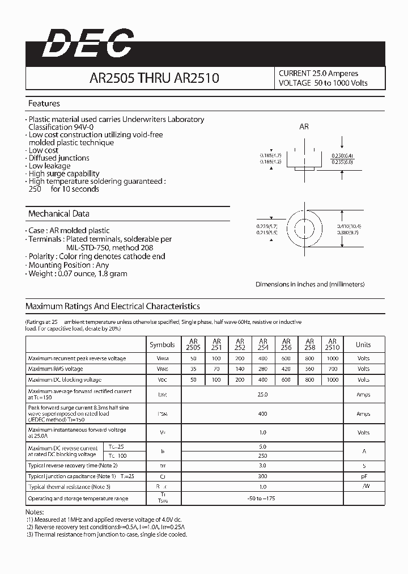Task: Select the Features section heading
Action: click(44, 104)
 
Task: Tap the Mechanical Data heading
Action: click(59, 214)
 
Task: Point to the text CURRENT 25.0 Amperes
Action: click(318, 73)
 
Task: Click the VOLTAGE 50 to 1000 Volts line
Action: click(323, 83)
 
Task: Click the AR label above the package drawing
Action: click(304, 127)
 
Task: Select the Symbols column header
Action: click(163, 344)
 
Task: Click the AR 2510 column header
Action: click(332, 344)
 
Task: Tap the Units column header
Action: click(363, 344)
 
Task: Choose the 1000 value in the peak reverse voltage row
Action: click(332, 358)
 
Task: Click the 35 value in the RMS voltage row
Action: click(193, 369)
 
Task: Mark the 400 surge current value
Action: click(262, 414)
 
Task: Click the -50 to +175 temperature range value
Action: click(262, 499)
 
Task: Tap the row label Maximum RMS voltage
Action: click(56, 369)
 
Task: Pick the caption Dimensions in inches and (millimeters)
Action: click(310, 284)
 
